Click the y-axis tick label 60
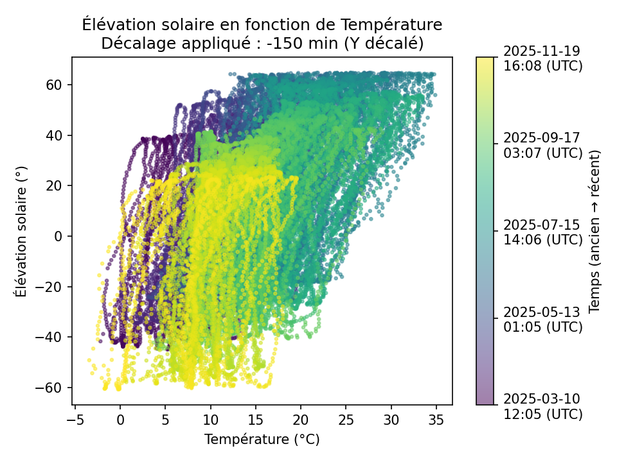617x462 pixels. pyautogui.click(x=55, y=85)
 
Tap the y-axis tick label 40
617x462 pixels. pyautogui.click(x=55, y=135)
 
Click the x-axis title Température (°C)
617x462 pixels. pyautogui.click(x=262, y=440)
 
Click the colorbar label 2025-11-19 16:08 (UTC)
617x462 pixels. pyautogui.click(x=542, y=58)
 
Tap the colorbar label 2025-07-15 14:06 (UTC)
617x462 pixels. pyautogui.click(x=542, y=232)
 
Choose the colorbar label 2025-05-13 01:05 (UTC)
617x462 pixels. pyautogui.click(x=542, y=319)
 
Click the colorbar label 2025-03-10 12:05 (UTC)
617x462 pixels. pyautogui.click(x=542, y=406)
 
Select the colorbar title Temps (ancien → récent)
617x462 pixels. pyautogui.click(x=594, y=231)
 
